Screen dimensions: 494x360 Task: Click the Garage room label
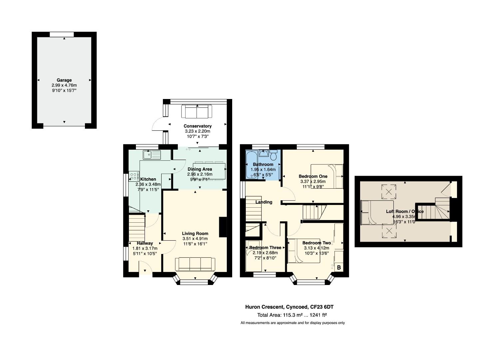coord(64,80)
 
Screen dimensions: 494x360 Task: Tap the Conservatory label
coord(198,126)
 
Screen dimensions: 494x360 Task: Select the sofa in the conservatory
coord(197,111)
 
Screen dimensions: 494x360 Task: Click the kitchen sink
coord(152,155)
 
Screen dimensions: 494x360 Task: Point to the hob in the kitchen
coord(134,176)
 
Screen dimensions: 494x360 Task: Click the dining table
coord(209,171)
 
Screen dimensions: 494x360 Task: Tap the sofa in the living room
coord(195,264)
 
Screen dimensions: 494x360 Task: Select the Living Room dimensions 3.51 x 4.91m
coord(195,239)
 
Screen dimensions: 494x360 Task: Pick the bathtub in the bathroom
coord(251,165)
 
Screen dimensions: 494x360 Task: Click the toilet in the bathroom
coord(274,155)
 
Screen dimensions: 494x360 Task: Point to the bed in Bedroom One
coord(327,176)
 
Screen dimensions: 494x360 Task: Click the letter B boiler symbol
coord(339,268)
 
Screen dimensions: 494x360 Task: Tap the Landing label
coord(264,202)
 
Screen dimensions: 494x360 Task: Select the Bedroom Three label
coord(265,248)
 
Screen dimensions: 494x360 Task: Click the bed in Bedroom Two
coord(304,251)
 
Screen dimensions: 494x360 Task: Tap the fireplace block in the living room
coord(223,227)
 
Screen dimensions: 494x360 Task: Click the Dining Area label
coord(200,169)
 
